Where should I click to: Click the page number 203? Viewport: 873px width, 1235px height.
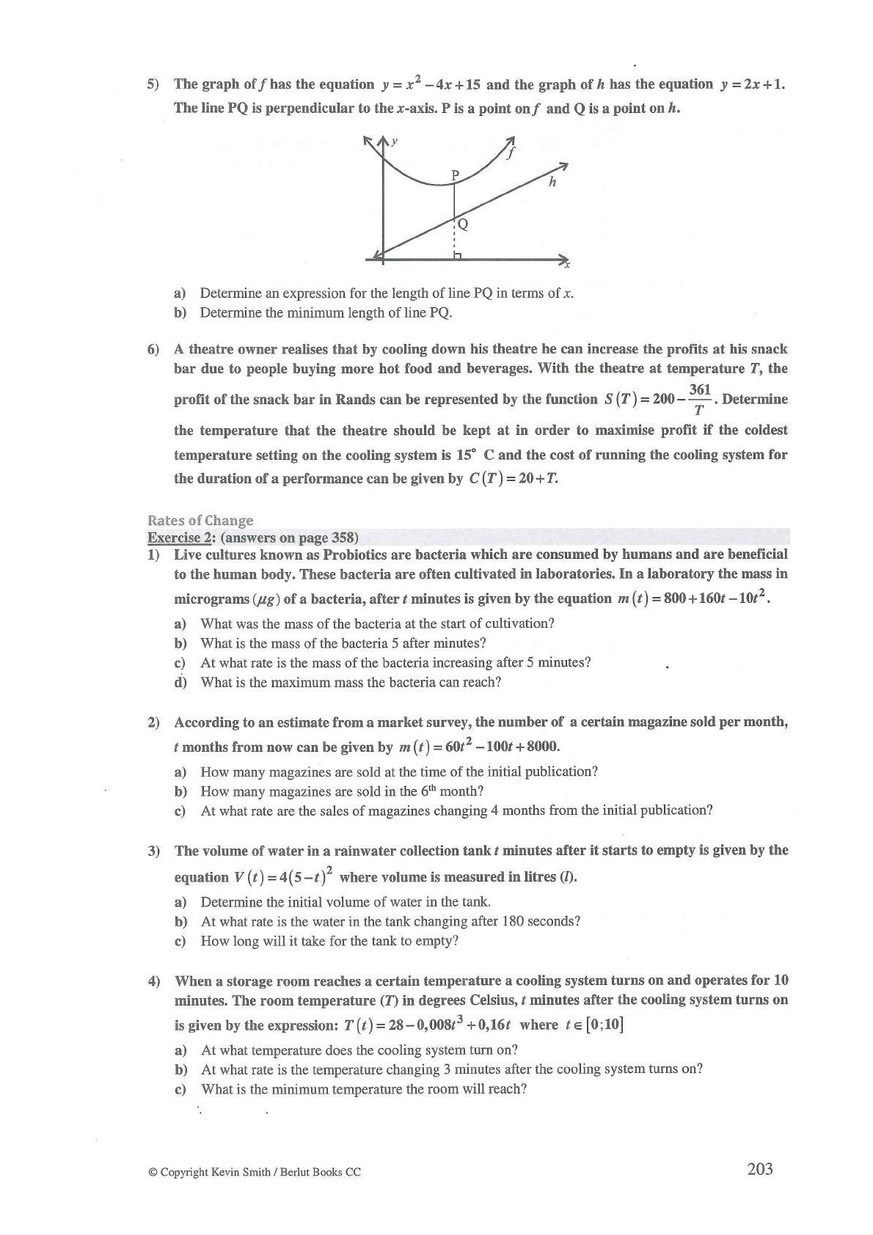(x=759, y=1169)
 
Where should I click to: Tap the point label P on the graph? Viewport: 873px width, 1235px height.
(x=455, y=175)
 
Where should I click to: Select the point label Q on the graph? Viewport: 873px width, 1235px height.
(x=463, y=224)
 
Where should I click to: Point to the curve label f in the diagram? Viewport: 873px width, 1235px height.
(x=512, y=154)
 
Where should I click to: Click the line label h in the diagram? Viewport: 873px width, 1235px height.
(x=552, y=182)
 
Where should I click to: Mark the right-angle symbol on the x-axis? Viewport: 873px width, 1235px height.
(x=458, y=255)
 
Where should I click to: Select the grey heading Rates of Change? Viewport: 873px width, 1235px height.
(x=200, y=520)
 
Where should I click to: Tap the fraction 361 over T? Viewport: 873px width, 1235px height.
(x=699, y=399)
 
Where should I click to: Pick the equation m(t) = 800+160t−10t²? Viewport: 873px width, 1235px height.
(x=693, y=598)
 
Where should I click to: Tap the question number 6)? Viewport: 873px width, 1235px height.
(x=153, y=349)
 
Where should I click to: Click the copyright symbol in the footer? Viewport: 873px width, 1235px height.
(x=153, y=1172)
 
